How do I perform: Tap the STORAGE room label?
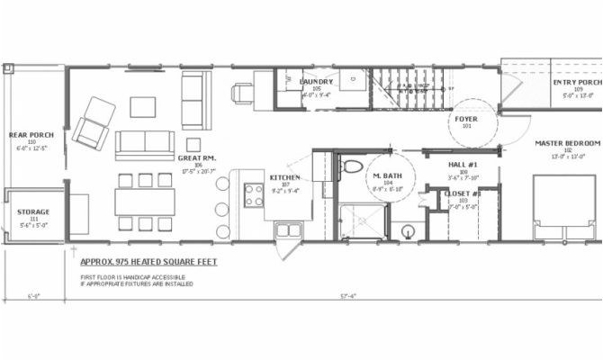33,212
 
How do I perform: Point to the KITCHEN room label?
284,177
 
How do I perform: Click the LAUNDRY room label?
315,82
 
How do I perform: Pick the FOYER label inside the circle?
467,117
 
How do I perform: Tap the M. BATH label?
389,177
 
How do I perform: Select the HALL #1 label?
462,165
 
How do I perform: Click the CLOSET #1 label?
464,193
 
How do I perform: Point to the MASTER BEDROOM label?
567,143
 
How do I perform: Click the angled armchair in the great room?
92,121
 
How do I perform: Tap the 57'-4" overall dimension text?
347,296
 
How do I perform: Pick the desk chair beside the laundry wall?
242,92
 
